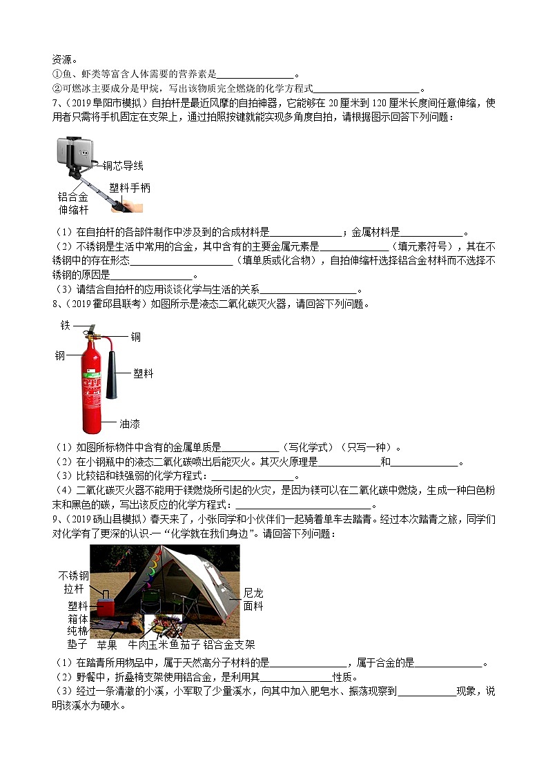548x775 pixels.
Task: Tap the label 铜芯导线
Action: (x=123, y=166)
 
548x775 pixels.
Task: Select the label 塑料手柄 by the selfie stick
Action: (x=130, y=188)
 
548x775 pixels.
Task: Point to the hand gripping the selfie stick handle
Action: (x=134, y=206)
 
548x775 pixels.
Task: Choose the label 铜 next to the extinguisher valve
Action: (x=136, y=337)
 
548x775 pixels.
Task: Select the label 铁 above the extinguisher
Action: (x=65, y=325)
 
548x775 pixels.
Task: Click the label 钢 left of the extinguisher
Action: (x=60, y=356)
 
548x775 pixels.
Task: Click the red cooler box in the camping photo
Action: (x=107, y=608)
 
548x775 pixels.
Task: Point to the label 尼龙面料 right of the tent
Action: (x=253, y=600)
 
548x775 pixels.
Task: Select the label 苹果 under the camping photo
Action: (x=107, y=645)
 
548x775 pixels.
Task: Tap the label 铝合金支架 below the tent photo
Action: (x=229, y=645)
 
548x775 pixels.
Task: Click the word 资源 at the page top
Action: (x=62, y=59)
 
